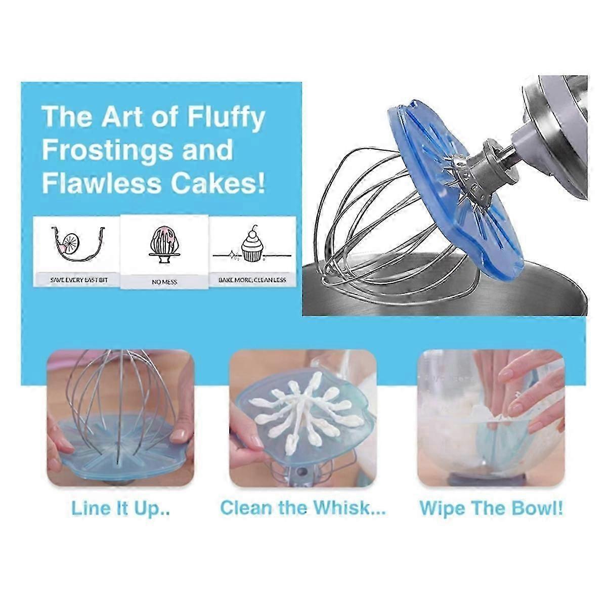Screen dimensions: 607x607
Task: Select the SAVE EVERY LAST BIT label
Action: pos(79,280)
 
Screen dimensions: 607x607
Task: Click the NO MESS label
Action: pos(164,282)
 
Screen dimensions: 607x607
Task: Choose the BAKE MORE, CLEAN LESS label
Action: pos(252,280)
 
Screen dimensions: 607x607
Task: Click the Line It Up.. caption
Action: pos(120,508)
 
